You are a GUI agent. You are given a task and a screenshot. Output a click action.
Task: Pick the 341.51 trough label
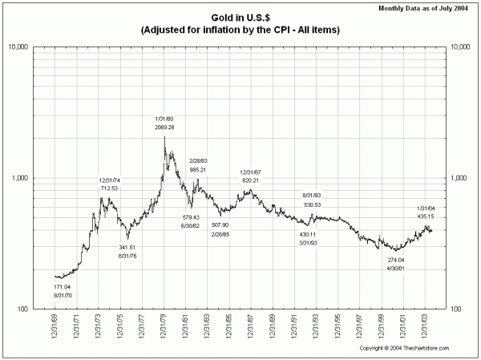(130, 247)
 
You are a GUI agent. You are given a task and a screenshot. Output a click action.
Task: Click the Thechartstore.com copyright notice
(402, 349)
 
